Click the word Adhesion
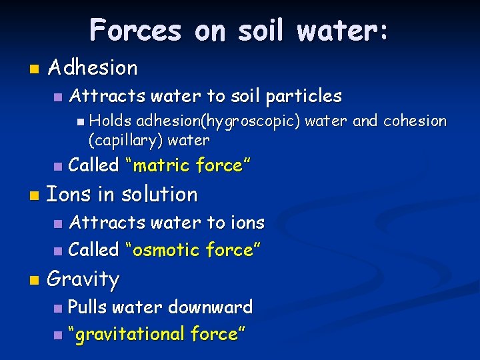pos(93,67)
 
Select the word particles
pos(303,97)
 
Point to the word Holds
pos(110,121)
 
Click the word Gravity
pos(83,279)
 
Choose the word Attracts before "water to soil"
pos(102,97)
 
